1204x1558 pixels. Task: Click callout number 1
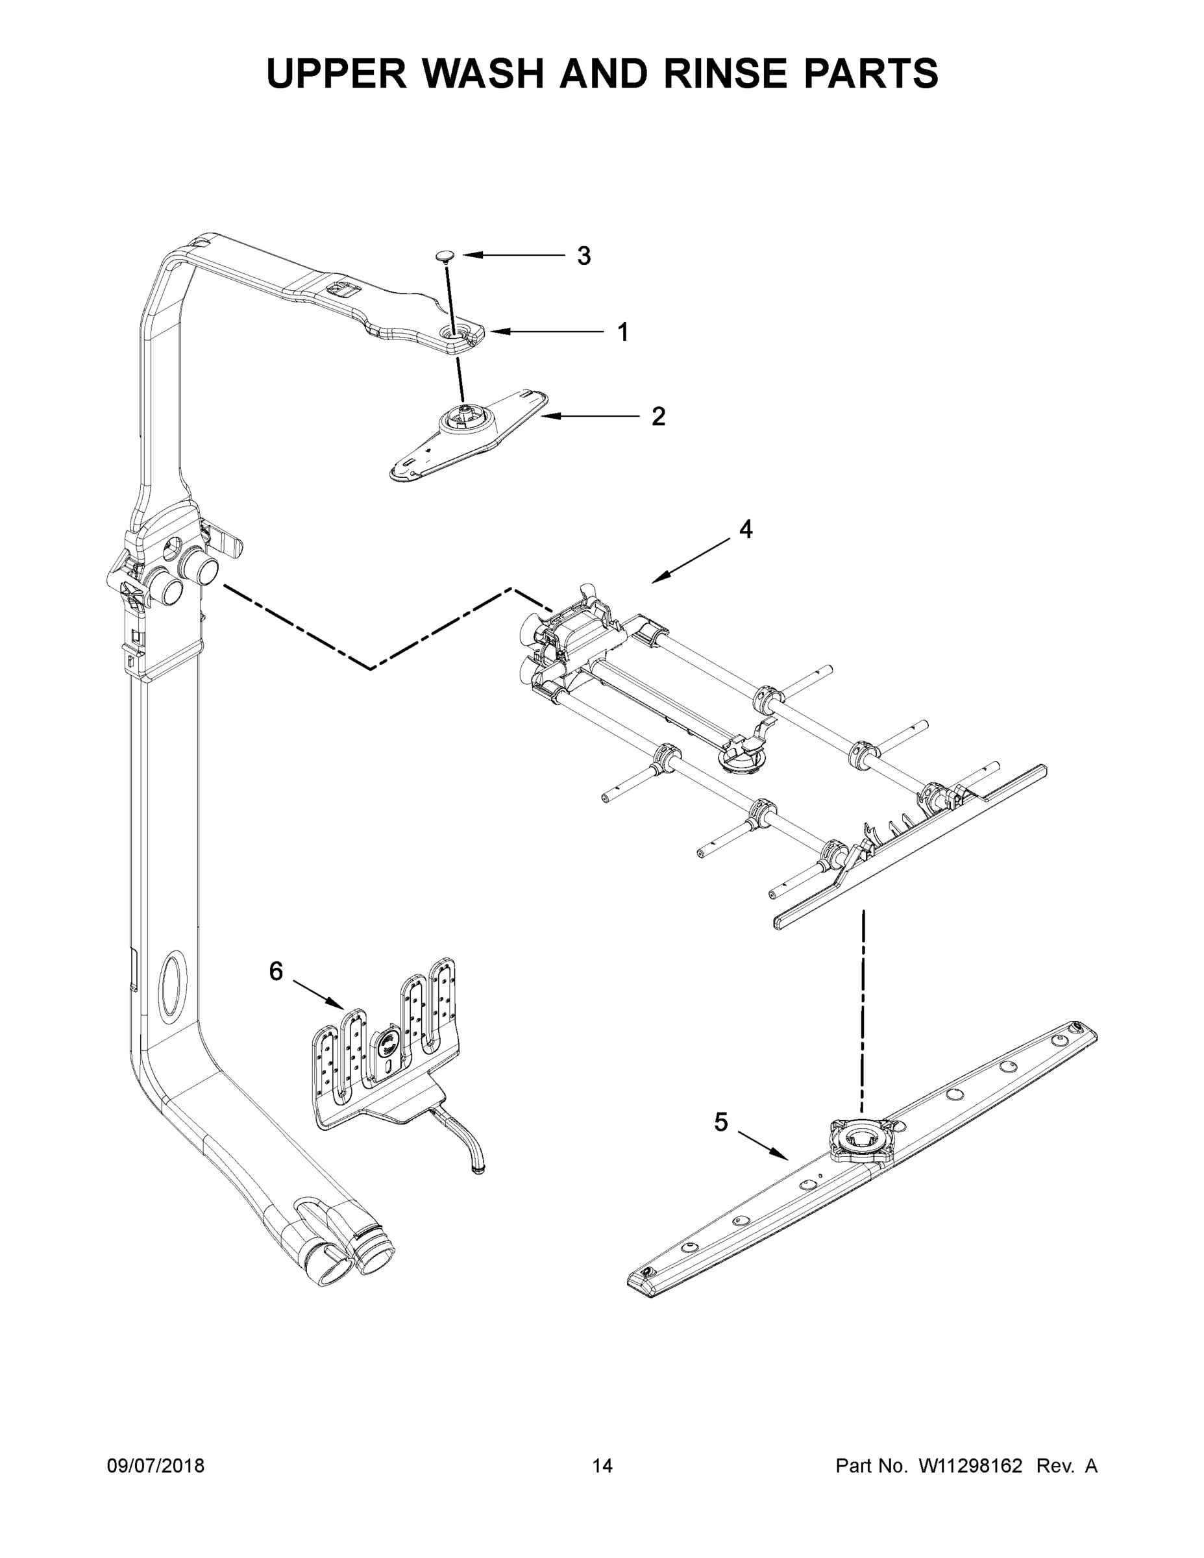tap(622, 332)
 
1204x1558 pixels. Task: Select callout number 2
tap(658, 417)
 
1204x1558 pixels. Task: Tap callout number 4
tap(745, 529)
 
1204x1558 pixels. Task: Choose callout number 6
tap(276, 971)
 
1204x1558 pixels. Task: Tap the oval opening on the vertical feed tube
tap(172, 987)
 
